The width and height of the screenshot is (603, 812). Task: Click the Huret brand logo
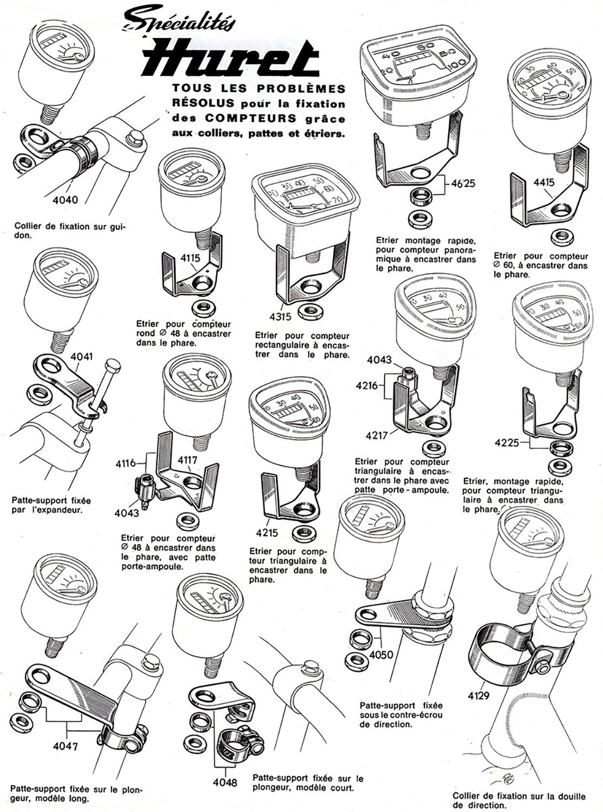(231, 60)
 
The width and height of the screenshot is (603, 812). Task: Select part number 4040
(65, 200)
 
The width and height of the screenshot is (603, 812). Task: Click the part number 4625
(463, 183)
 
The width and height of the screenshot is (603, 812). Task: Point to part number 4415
(544, 182)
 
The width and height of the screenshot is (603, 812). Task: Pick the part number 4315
(281, 316)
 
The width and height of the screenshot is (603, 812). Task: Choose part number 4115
(190, 258)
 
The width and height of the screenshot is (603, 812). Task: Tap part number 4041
(82, 356)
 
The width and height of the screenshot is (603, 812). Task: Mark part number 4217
(377, 435)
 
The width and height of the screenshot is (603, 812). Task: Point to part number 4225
(507, 443)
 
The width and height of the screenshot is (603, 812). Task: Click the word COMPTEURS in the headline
(250, 118)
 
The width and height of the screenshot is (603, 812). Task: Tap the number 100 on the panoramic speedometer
(458, 64)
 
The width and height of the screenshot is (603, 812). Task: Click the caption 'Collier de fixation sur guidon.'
(70, 231)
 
